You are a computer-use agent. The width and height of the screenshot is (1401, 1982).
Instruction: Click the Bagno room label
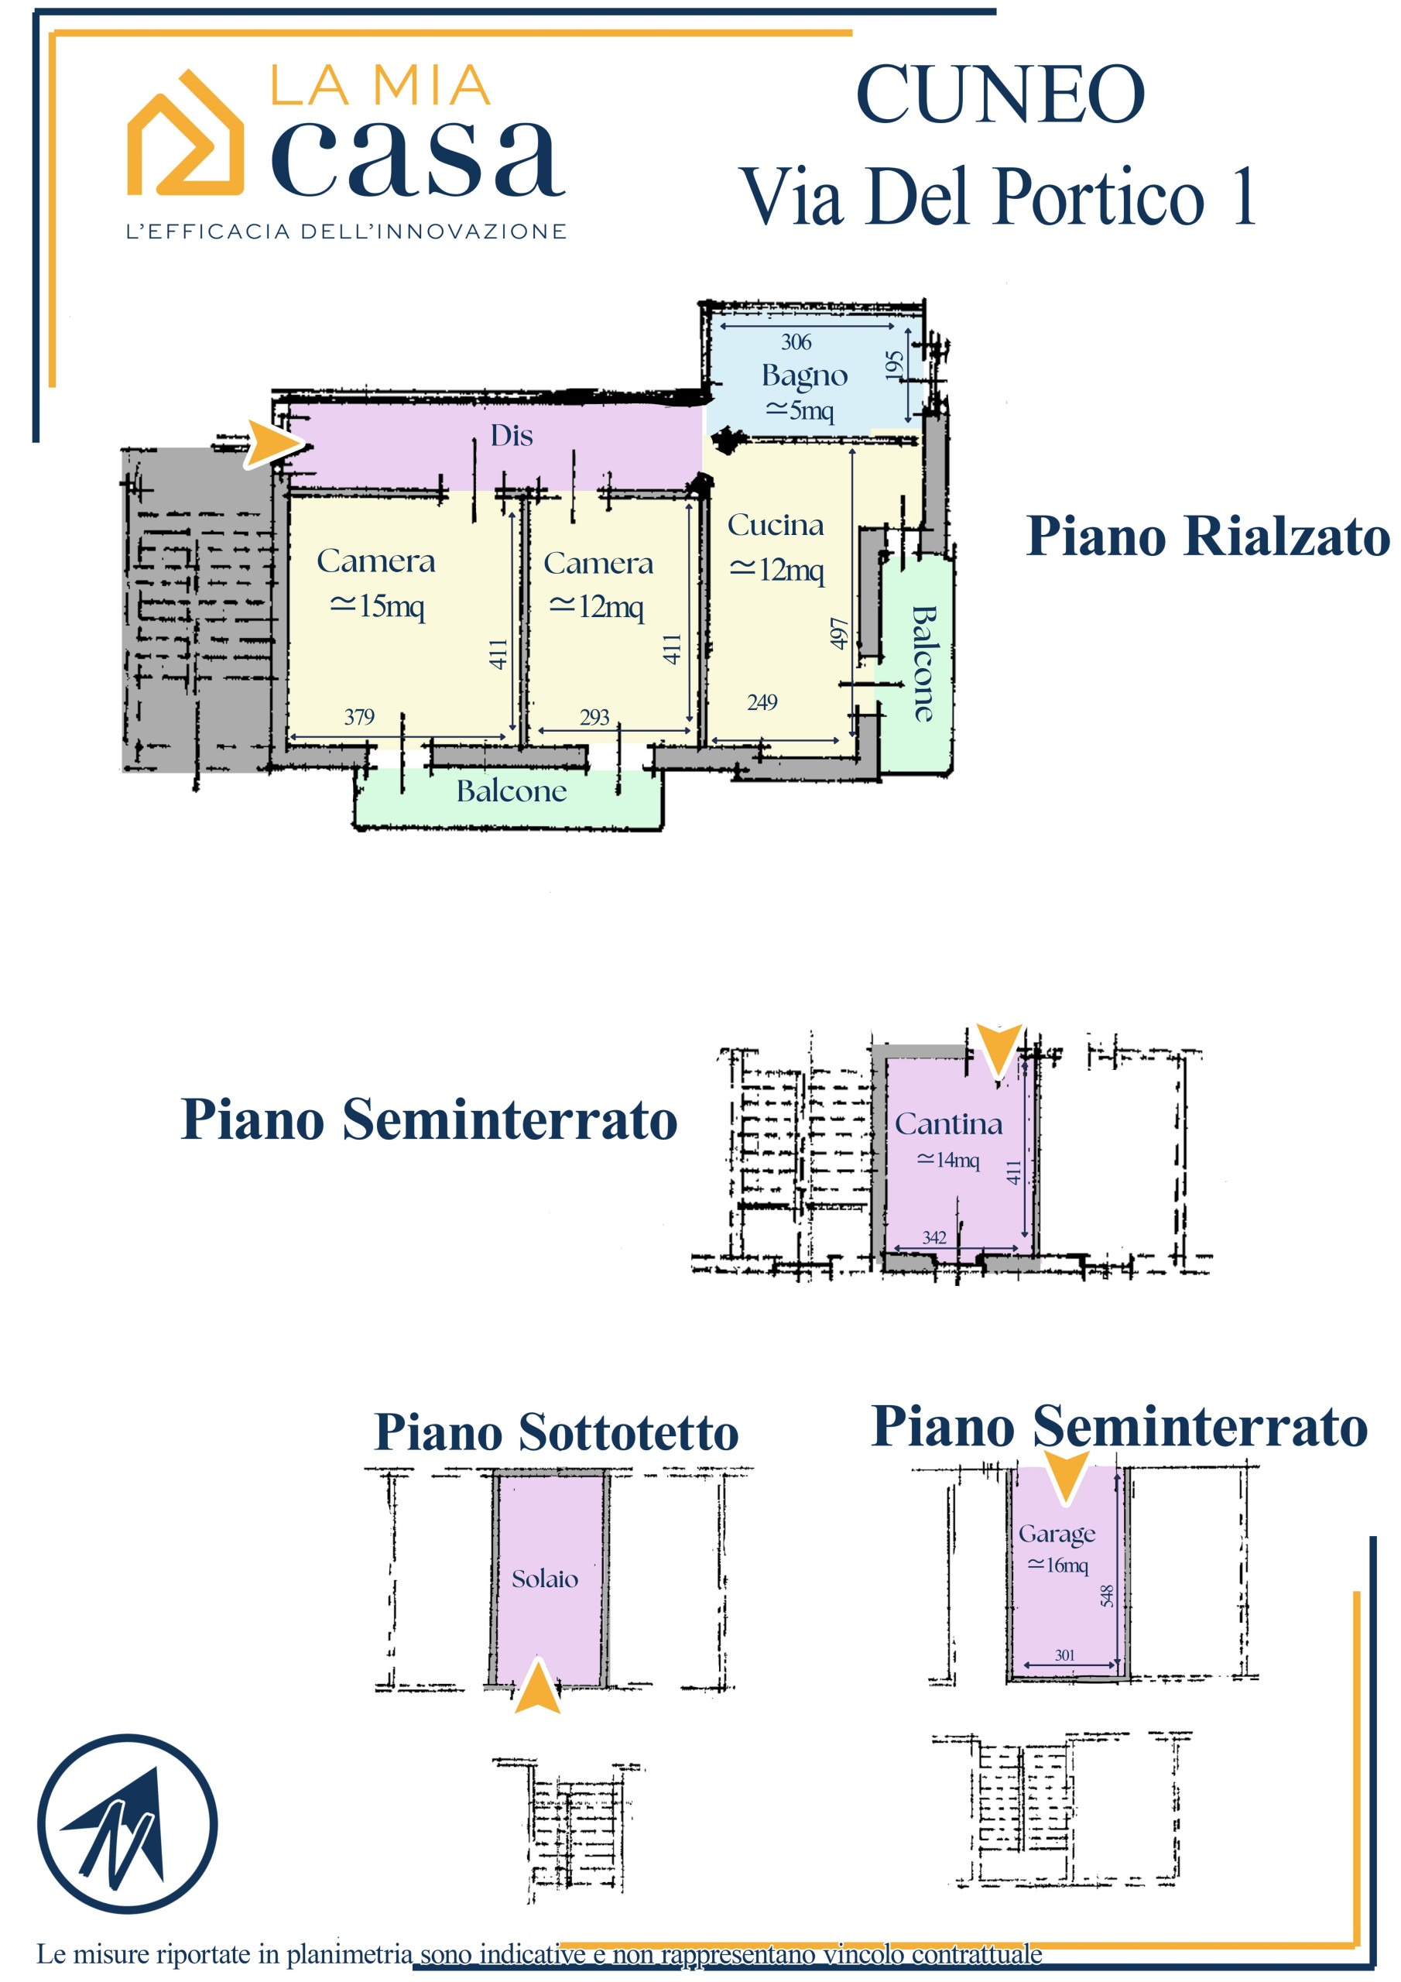pos(804,376)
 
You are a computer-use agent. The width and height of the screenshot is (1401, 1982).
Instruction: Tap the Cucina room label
pos(775,525)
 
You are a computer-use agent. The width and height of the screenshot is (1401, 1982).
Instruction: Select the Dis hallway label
pos(512,435)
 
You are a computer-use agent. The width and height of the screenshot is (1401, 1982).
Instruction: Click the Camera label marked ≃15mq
pos(375,561)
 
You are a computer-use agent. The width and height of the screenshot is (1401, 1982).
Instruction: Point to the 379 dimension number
pos(359,716)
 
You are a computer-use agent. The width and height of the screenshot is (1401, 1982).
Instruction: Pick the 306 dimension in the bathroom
pos(796,342)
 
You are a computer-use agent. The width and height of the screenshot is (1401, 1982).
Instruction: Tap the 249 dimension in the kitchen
pos(762,701)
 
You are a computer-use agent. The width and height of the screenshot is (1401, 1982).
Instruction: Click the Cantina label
pos(949,1124)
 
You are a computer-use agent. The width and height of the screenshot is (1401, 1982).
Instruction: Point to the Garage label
pos(1057,1534)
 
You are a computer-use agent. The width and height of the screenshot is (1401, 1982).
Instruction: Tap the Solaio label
pos(545,1579)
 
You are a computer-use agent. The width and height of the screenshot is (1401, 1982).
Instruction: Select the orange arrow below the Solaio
pos(537,1684)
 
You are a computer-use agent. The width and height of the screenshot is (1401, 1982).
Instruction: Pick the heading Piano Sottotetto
pos(556,1432)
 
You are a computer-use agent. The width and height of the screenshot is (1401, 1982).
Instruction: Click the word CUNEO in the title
pos(1001,94)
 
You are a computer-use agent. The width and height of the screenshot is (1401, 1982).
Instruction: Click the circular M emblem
pos(127,1824)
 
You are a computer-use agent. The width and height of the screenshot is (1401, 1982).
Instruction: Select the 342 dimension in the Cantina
pos(934,1237)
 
